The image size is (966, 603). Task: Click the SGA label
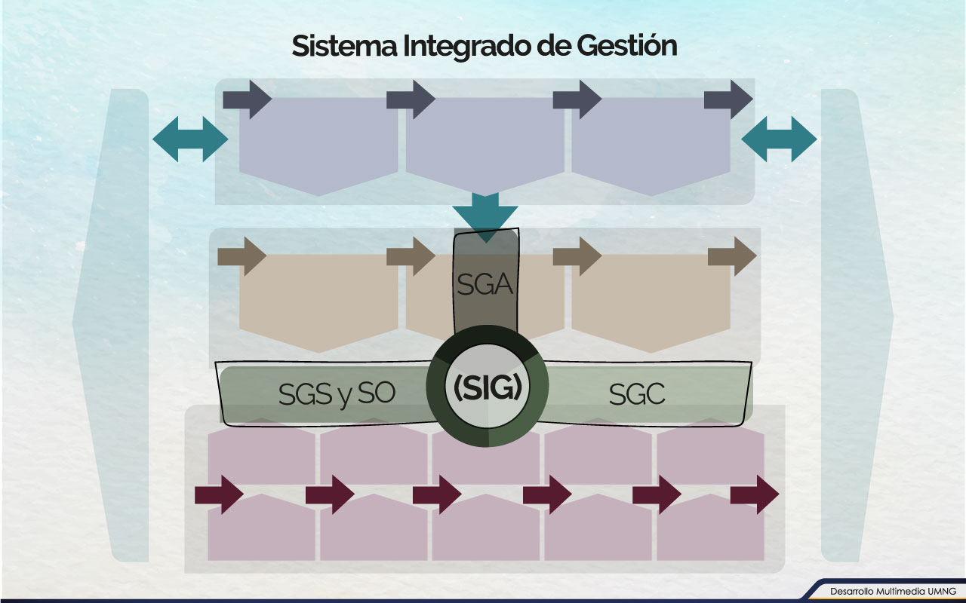(485, 286)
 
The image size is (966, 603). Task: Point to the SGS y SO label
(337, 394)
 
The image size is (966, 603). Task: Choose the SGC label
(637, 394)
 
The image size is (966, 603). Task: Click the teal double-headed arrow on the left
(190, 139)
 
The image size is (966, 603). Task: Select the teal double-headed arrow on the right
(779, 139)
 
